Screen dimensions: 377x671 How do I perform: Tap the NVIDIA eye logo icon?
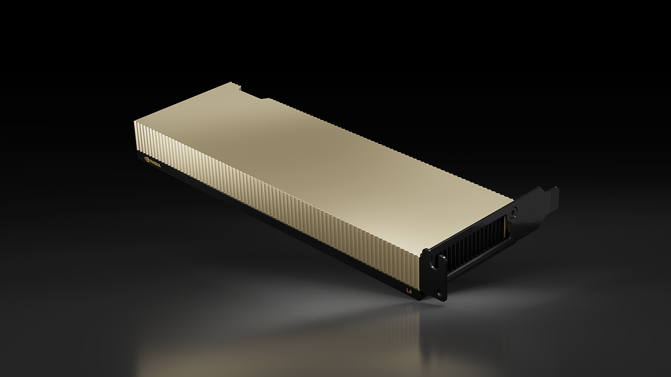(146, 159)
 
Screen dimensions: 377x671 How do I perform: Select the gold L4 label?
(408, 290)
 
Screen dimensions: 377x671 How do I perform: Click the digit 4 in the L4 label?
(409, 290)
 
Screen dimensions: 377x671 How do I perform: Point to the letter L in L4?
(406, 289)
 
